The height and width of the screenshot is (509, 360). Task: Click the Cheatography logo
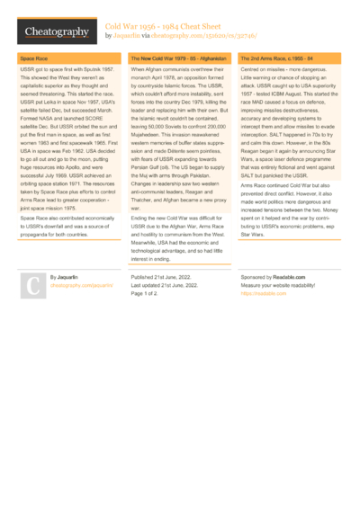pyautogui.click(x=56, y=32)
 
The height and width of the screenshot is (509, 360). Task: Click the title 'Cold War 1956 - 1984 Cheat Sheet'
pyautogui.click(x=175, y=27)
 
